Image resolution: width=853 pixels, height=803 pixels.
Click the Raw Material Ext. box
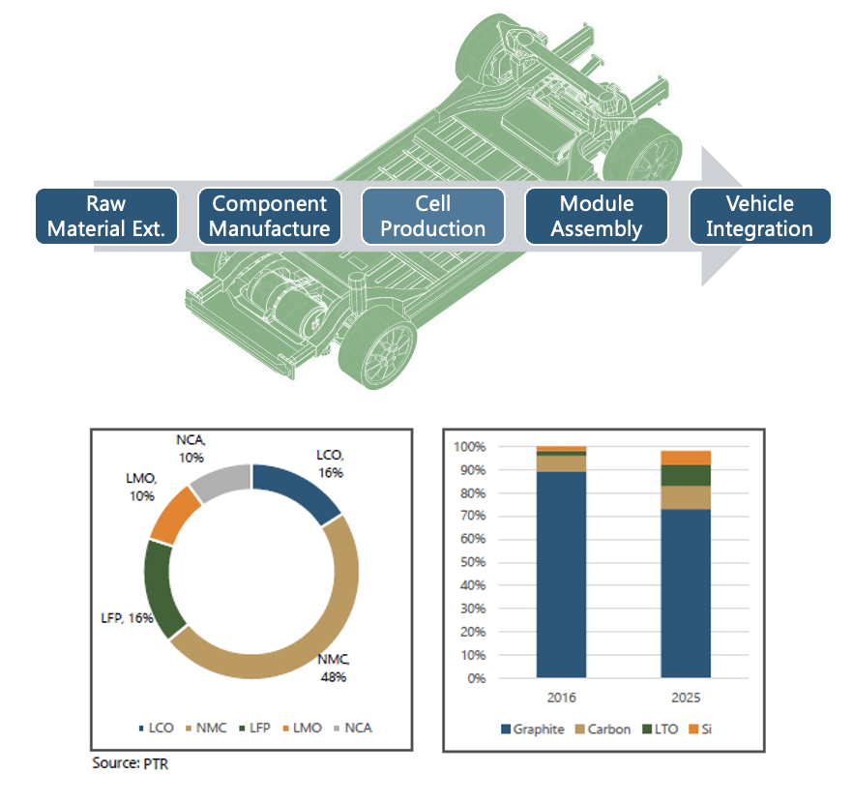(x=106, y=216)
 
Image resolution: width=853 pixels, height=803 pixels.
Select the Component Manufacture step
(x=270, y=216)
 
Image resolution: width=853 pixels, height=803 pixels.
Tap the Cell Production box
(x=433, y=216)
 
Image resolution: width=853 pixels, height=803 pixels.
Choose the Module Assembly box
(x=597, y=216)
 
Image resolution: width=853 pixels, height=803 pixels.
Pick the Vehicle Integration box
(x=759, y=216)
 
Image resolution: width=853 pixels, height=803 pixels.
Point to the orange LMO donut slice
(x=175, y=507)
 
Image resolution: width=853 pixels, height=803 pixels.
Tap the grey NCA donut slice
(x=220, y=479)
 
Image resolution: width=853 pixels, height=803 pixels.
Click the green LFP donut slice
(x=161, y=585)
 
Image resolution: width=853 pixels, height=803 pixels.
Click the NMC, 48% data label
(x=334, y=668)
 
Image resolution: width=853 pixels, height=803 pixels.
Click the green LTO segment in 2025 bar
(x=686, y=475)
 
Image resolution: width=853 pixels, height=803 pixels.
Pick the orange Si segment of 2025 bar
(x=686, y=458)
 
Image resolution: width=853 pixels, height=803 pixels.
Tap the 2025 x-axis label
(x=686, y=697)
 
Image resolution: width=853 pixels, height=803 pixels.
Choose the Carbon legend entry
(x=601, y=729)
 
